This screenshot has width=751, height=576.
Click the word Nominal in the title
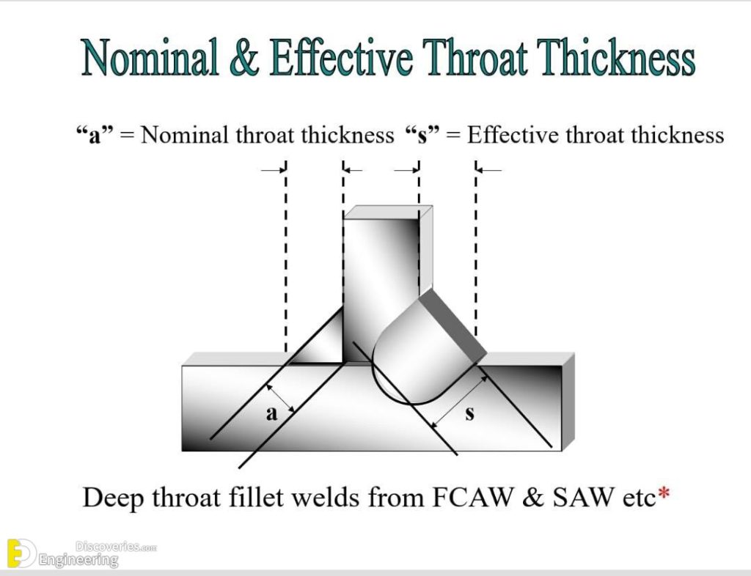[x=150, y=57]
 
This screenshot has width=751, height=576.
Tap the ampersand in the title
[x=244, y=57]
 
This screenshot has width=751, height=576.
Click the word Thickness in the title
[x=616, y=57]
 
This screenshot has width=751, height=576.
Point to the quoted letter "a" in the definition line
[x=95, y=135]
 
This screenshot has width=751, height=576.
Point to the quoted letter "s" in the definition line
[x=422, y=135]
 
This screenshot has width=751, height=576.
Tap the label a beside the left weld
[x=271, y=413]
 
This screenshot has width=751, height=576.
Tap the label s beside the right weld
[x=470, y=413]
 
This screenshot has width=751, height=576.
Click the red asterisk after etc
[x=664, y=492]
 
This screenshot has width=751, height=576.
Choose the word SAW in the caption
[x=583, y=498]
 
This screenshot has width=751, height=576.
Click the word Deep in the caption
[x=113, y=498]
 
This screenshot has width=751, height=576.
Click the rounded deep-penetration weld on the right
[x=422, y=354]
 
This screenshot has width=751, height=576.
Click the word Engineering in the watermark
[x=78, y=559]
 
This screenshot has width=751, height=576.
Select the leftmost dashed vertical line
[x=286, y=259]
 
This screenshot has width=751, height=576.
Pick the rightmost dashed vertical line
[x=475, y=248]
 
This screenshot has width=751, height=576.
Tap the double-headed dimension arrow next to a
[x=280, y=397]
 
